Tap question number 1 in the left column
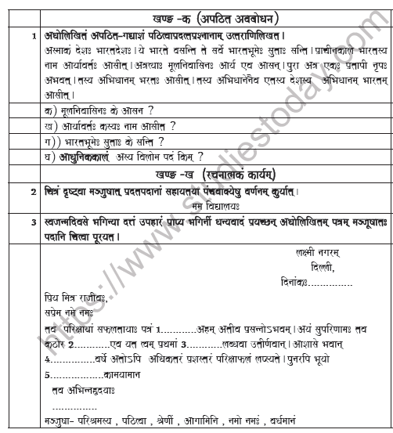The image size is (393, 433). (x=32, y=36)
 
